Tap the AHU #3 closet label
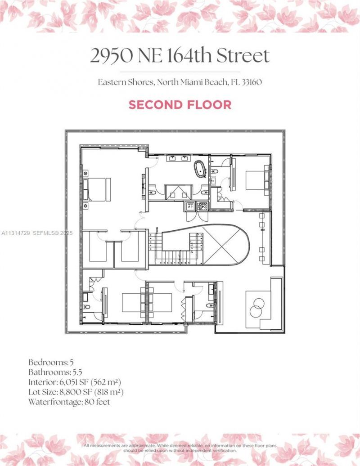(190, 206)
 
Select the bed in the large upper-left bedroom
(99, 189)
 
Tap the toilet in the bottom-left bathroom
(86, 307)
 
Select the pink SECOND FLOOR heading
(180, 105)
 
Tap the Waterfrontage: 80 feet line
(69, 402)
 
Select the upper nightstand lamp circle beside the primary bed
(86, 172)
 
